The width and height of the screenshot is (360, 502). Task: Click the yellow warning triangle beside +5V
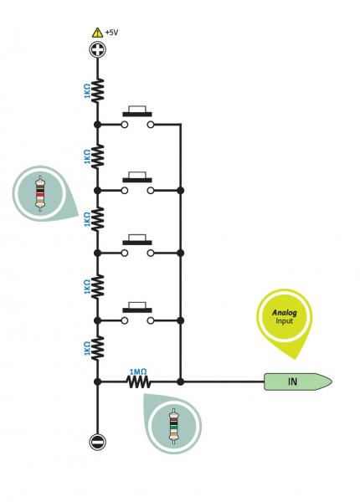[x=97, y=33]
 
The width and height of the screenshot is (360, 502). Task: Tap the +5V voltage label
[x=111, y=33]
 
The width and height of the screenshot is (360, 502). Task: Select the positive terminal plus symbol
[x=98, y=50]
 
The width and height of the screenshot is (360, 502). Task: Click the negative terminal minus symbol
[x=97, y=442]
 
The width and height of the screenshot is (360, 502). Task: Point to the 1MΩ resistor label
[x=138, y=371]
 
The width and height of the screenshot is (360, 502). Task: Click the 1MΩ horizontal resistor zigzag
[x=139, y=382]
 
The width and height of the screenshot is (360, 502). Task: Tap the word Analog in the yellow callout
[x=285, y=312]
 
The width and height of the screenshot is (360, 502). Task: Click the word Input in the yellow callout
[x=284, y=320]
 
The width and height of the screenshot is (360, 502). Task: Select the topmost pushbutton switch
[x=137, y=117]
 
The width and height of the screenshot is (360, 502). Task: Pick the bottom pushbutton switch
[x=137, y=313]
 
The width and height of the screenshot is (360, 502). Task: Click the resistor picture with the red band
[x=40, y=193]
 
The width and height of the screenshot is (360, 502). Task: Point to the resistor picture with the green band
[x=174, y=426]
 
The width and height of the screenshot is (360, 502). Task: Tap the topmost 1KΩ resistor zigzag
[x=98, y=91]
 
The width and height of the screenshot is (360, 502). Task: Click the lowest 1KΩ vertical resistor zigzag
[x=98, y=348]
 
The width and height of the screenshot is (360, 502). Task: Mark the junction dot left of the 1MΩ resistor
[x=97, y=382]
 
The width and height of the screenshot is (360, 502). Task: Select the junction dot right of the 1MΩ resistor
[x=181, y=382]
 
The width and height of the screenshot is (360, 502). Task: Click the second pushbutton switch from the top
[x=137, y=183]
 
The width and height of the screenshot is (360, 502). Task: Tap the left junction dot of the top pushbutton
[x=98, y=125]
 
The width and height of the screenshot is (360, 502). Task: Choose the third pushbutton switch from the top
[x=137, y=245]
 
